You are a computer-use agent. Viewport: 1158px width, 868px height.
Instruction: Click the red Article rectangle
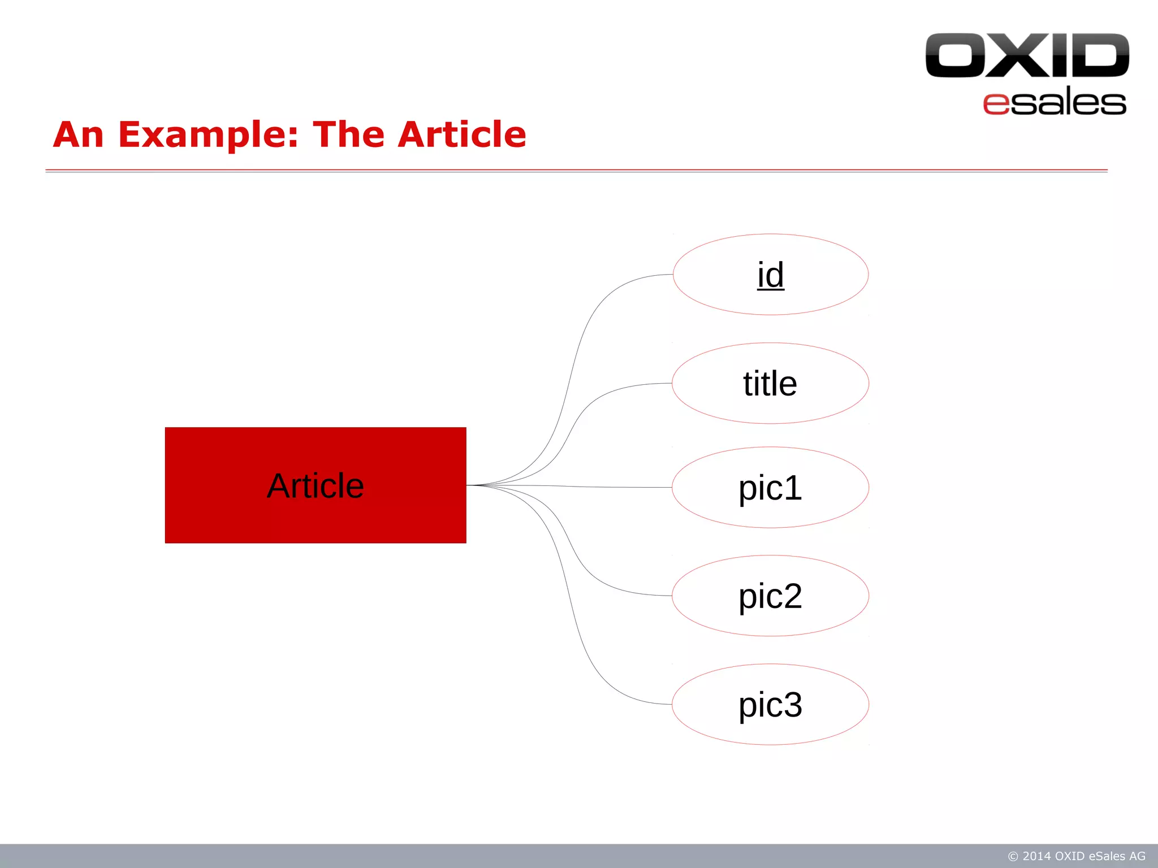pyautogui.click(x=316, y=485)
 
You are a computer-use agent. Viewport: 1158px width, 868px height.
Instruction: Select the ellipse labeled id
pyautogui.click(x=770, y=275)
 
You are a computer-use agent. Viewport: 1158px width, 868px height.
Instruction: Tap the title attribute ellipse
pyautogui.click(x=770, y=383)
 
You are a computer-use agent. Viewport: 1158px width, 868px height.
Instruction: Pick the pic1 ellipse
pyautogui.click(x=770, y=487)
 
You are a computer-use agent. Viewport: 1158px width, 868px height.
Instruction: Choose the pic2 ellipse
pyautogui.click(x=770, y=596)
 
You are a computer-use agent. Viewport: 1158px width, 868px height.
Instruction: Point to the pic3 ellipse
pyautogui.click(x=770, y=704)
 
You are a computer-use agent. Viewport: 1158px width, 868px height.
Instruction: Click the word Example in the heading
pyautogui.click(x=208, y=136)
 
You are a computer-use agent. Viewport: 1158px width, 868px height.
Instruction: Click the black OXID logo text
pyautogui.click(x=1027, y=55)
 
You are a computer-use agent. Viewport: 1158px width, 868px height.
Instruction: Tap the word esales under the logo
pyautogui.click(x=1055, y=103)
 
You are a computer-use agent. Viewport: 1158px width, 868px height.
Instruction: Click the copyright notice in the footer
pyautogui.click(x=1077, y=856)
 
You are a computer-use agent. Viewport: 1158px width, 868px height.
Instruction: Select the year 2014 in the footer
pyautogui.click(x=1037, y=856)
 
